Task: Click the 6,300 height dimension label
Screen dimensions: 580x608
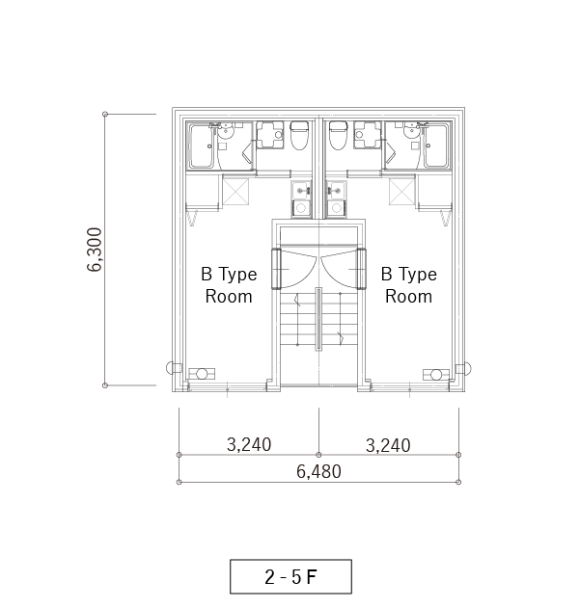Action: coord(95,250)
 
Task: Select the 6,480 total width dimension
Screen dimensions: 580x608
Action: coord(318,471)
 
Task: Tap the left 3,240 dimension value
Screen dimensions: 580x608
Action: coord(249,445)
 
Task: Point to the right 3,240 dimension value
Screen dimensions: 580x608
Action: coord(388,445)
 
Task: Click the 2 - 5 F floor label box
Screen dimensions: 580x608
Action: coord(291,576)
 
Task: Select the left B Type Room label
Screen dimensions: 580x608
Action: coord(229,285)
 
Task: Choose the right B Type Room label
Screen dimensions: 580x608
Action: coord(408,285)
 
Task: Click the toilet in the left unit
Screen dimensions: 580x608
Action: coord(299,135)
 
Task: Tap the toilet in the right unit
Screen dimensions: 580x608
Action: coord(338,135)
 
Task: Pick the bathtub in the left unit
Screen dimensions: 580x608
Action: coord(201,145)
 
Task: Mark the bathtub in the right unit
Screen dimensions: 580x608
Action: coord(437,145)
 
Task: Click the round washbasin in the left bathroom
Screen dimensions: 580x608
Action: coord(225,133)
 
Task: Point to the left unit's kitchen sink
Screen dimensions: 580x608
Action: coord(301,191)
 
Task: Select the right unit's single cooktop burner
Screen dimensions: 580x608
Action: coord(337,208)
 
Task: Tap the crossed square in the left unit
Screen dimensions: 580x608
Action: coord(235,191)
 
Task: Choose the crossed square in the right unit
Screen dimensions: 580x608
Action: coord(402,191)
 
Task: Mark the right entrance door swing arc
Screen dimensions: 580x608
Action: coord(334,276)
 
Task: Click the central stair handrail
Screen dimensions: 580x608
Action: coord(318,319)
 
